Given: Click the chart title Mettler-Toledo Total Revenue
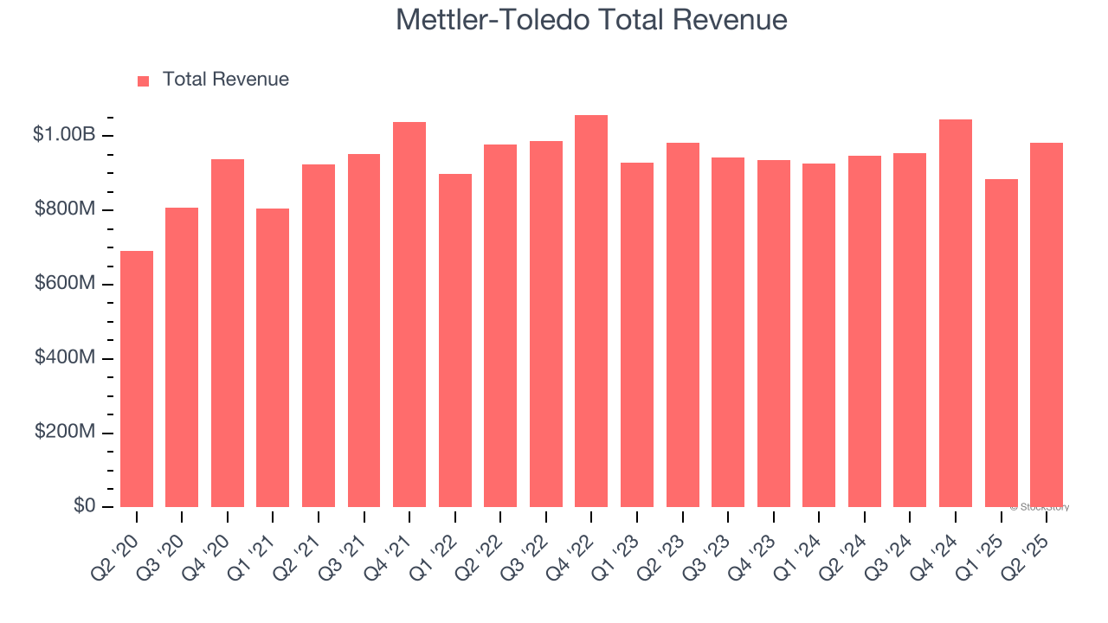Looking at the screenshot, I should point(591,20).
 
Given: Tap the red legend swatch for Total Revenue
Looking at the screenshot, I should point(144,80).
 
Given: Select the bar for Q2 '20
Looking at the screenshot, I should point(137,379).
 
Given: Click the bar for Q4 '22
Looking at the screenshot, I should point(591,311).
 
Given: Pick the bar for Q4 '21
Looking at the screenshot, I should point(409,315).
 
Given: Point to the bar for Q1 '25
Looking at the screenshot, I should point(1001,344).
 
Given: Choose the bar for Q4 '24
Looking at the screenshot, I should point(956,313).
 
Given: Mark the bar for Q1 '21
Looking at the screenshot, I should point(273,358).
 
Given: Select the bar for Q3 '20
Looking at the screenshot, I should point(182,357).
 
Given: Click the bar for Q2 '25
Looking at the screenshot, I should point(1047,325).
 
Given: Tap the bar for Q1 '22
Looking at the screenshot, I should point(455,341).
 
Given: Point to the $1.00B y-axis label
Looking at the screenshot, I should point(64,135).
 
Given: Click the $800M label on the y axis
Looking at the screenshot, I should point(65,209).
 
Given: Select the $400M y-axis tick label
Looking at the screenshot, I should point(65,357).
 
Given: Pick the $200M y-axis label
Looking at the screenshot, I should point(65,432).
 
